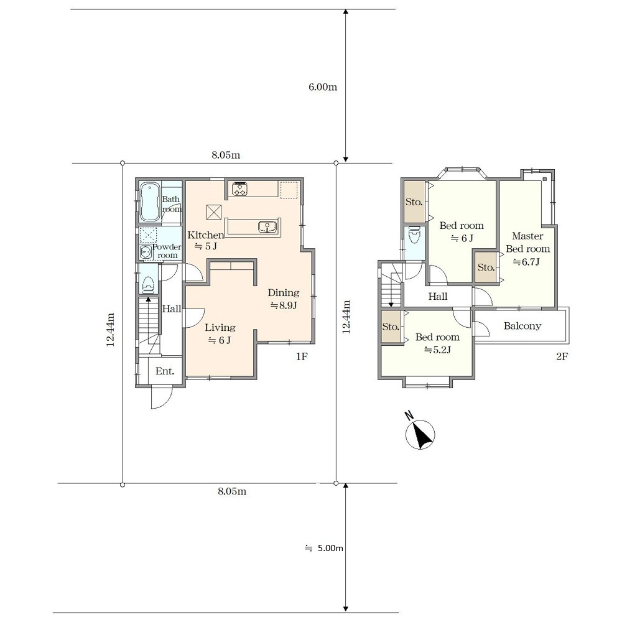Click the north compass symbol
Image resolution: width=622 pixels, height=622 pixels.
click(x=420, y=434)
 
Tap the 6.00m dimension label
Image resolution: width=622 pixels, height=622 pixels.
click(x=323, y=87)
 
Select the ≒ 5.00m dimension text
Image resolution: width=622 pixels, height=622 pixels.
click(x=323, y=548)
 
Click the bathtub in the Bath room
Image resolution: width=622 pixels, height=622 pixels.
click(x=149, y=202)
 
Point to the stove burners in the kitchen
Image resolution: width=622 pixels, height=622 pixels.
click(x=240, y=189)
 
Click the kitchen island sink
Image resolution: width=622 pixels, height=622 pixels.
click(x=267, y=227)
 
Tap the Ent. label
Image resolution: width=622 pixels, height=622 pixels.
click(x=165, y=371)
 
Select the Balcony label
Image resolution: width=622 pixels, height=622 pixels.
click(x=522, y=326)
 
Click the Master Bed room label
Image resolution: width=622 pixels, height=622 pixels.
click(x=527, y=243)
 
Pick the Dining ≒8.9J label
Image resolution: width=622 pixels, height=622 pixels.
click(x=283, y=299)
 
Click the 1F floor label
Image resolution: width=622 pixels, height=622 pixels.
click(x=302, y=356)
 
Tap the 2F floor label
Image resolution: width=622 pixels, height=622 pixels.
click(x=562, y=356)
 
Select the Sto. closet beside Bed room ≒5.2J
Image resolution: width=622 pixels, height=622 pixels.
click(x=391, y=327)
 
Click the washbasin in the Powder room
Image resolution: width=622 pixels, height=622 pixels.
click(x=146, y=252)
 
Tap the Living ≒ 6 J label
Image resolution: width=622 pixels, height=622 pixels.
click(x=220, y=333)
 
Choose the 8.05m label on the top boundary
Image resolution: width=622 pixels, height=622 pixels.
click(x=226, y=155)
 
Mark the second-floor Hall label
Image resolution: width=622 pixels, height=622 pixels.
click(x=437, y=296)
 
